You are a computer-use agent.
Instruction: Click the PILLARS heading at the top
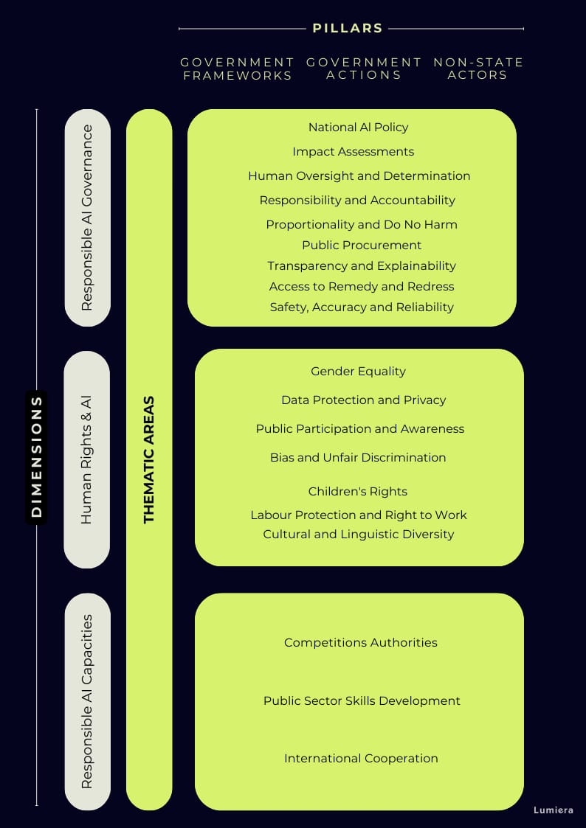point(347,29)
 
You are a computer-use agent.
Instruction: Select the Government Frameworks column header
point(237,69)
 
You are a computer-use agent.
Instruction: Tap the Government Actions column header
point(364,69)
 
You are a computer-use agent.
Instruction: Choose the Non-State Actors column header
point(478,69)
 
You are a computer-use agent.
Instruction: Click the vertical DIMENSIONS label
point(36,457)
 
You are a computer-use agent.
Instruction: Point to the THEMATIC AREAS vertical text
point(149,460)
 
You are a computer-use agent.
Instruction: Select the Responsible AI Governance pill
point(87,218)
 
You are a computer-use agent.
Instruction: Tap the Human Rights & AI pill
point(86,459)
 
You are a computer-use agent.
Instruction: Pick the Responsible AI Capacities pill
point(87,701)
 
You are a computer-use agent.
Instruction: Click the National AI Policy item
point(358,128)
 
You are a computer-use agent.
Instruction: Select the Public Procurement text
point(362,245)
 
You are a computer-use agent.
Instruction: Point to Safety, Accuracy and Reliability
point(362,307)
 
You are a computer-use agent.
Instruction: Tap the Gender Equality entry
point(358,371)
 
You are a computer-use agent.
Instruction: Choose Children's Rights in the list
point(358,491)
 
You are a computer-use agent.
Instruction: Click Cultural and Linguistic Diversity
point(358,534)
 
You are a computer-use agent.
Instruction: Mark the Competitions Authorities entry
point(361,643)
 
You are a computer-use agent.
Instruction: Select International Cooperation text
point(361,758)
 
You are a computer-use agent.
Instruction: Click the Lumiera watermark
point(553,810)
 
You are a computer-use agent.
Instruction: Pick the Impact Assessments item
point(353,152)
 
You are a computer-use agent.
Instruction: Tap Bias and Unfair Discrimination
point(358,457)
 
